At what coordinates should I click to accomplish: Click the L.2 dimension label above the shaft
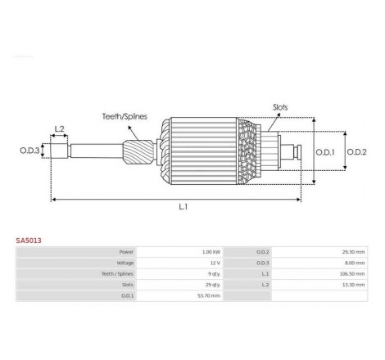(x=59, y=128)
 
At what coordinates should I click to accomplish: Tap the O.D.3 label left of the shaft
(x=29, y=151)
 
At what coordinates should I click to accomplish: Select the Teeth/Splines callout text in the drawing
(x=125, y=116)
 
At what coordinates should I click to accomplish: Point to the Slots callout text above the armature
(x=280, y=107)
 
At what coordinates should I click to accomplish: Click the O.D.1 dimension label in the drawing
(x=325, y=152)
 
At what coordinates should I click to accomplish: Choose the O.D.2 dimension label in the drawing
(x=356, y=152)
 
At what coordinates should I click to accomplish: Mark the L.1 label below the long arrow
(x=183, y=207)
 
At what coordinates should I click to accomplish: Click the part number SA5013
(x=29, y=241)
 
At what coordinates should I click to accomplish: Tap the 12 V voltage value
(x=215, y=263)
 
